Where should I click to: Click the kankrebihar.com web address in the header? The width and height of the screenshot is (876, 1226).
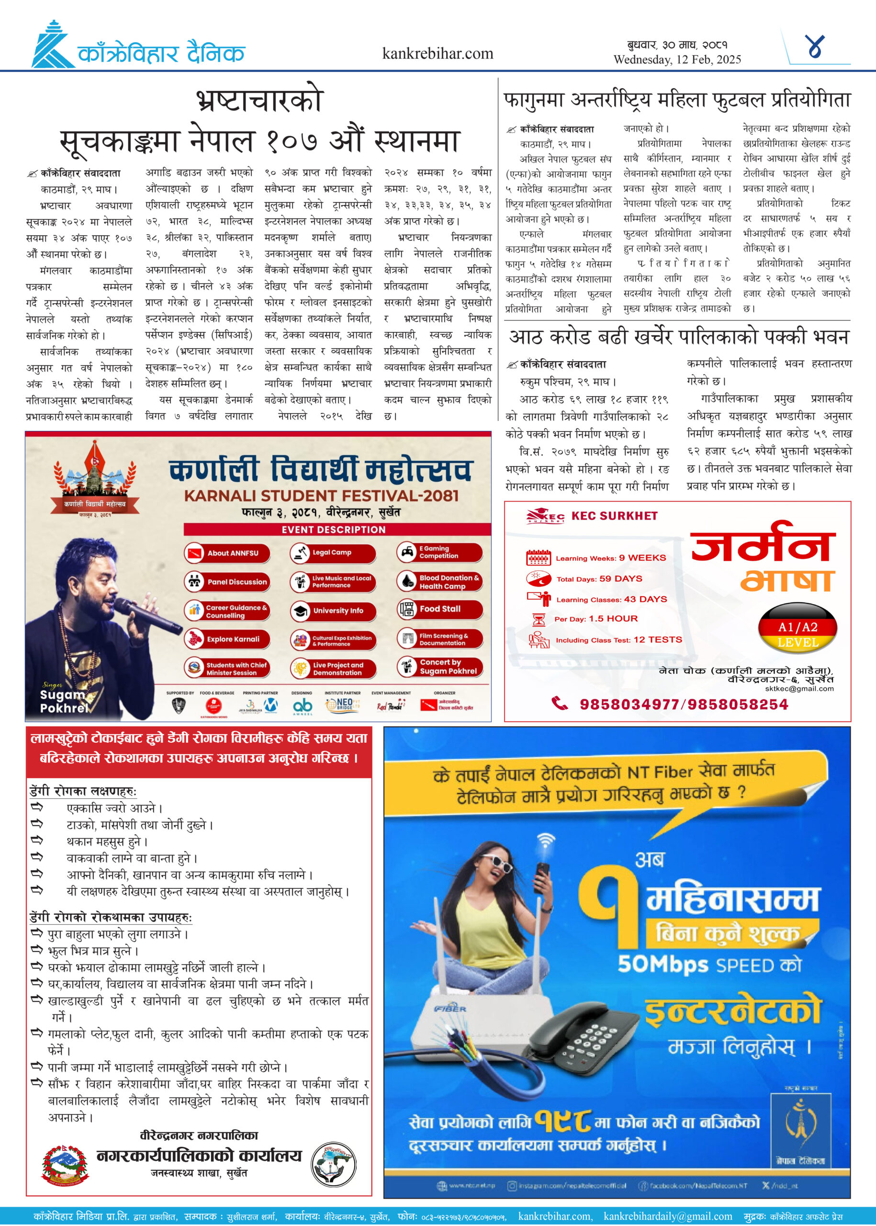[438, 54]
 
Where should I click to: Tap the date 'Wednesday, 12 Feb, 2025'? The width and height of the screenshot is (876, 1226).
[677, 59]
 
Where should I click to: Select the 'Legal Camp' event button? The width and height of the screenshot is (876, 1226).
[332, 553]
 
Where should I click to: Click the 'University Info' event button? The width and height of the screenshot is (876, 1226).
[332, 610]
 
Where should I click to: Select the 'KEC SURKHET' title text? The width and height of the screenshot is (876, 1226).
[614, 516]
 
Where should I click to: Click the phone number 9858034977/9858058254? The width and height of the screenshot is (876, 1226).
[684, 704]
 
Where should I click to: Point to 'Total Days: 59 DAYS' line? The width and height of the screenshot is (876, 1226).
[599, 579]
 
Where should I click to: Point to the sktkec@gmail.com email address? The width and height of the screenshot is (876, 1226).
[799, 689]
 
